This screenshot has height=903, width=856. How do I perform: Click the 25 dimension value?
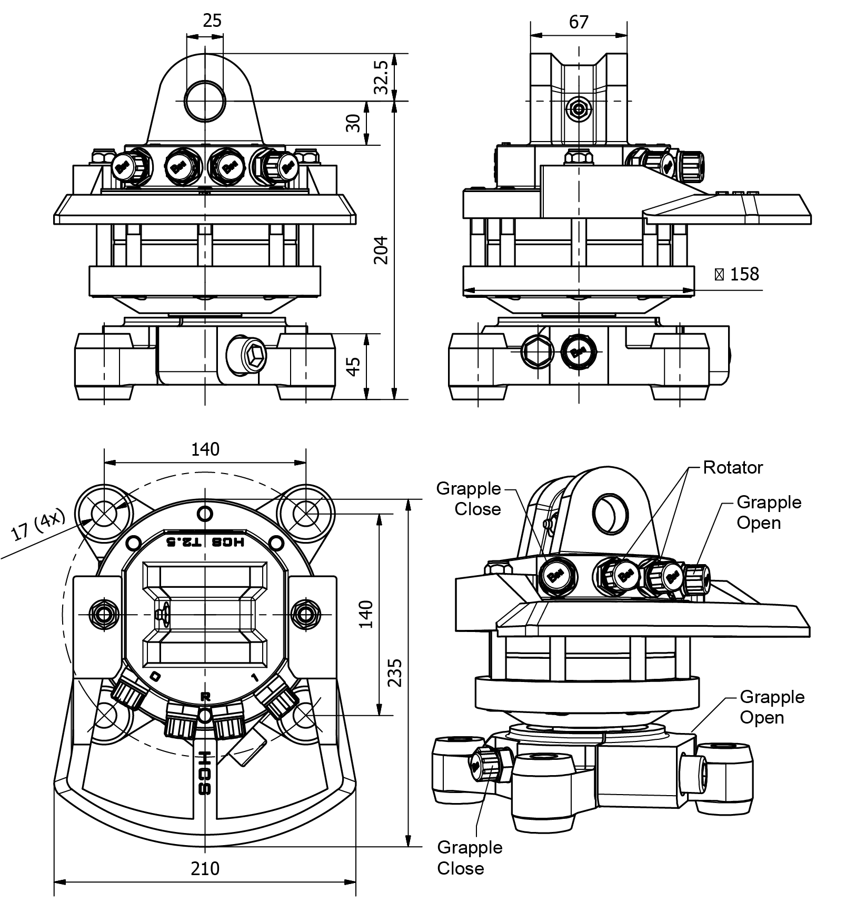[212, 21]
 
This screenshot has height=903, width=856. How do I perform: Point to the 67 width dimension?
[579, 22]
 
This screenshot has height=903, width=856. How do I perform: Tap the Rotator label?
[733, 467]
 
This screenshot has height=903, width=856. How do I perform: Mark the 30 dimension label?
[355, 123]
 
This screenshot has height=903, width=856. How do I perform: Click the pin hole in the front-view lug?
[205, 101]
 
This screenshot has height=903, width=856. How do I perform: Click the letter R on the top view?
[205, 696]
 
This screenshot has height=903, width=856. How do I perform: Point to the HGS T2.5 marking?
[205, 543]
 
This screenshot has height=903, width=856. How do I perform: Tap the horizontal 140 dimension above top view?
[205, 449]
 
